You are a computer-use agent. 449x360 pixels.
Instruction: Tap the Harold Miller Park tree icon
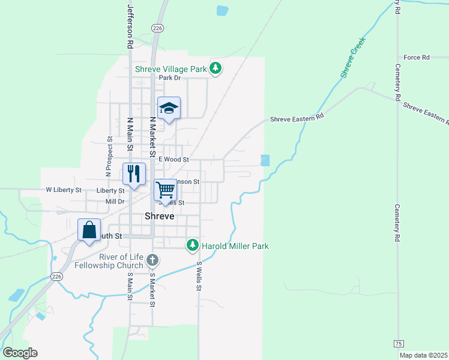[x=193, y=245]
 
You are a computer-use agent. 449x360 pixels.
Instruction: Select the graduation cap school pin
[x=169, y=109]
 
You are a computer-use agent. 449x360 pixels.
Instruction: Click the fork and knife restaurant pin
[x=134, y=174]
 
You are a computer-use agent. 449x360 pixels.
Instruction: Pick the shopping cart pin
[x=165, y=190]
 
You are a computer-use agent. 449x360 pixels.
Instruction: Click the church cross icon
[x=152, y=260]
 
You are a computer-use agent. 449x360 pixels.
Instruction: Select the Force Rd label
[x=417, y=58]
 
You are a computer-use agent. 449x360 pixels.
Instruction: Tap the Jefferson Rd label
[x=130, y=26]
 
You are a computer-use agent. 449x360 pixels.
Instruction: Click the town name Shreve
[x=160, y=217]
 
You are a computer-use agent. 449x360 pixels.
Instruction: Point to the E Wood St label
[x=173, y=160]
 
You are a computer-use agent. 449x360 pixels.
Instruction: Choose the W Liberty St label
[x=64, y=190]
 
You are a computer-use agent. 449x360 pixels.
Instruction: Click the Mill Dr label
[x=114, y=202]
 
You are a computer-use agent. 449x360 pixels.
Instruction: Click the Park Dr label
[x=169, y=78]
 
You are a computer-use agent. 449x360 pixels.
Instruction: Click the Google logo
[x=20, y=353]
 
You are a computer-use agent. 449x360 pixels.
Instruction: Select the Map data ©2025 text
[x=423, y=355]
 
